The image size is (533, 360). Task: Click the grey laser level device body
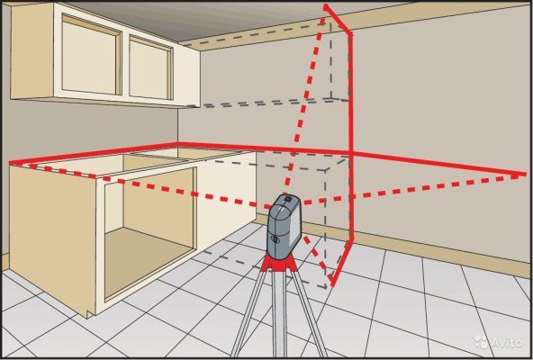click(x=284, y=227)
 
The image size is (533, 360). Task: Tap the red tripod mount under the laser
click(x=279, y=264)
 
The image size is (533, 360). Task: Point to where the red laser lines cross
click(x=351, y=154)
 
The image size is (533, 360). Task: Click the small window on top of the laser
click(x=288, y=198)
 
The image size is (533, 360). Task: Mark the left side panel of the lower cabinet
click(x=53, y=238)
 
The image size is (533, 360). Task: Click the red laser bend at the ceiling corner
click(x=349, y=33)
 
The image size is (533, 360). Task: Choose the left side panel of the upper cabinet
click(x=32, y=51)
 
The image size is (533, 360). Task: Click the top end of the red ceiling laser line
click(x=326, y=6)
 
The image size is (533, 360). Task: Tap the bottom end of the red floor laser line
click(x=332, y=284)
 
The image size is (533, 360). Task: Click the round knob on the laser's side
click(x=275, y=239)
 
